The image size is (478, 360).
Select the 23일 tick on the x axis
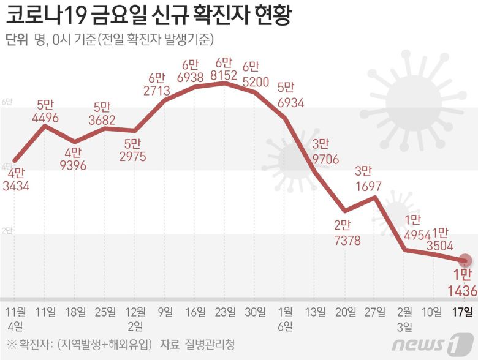[x=226, y=312]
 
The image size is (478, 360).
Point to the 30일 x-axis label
[x=255, y=312]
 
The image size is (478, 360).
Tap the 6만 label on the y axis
[x=7, y=102]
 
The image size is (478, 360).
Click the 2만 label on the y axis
[x=7, y=230]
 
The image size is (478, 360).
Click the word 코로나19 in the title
[x=43, y=14]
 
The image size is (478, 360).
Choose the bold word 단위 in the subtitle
[x=17, y=40]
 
